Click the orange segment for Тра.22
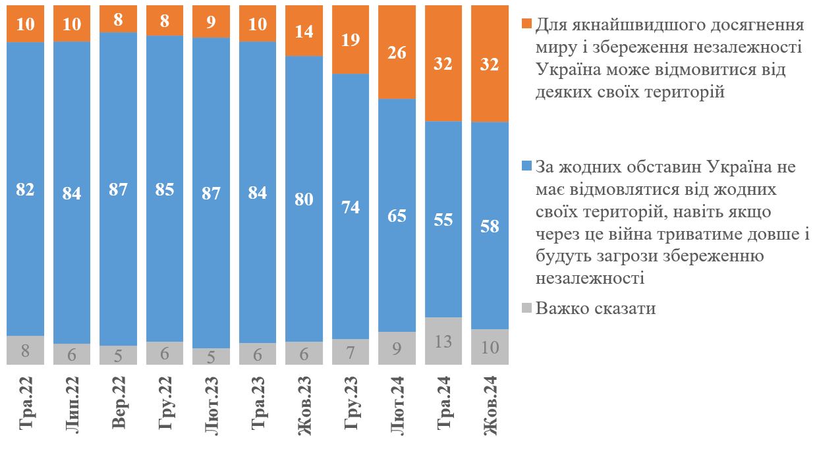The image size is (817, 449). coord(25,24)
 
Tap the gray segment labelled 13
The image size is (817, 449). coord(443,341)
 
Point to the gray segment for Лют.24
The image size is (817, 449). coord(397,348)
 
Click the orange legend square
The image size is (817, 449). coord(526,24)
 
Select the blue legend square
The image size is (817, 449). coord(526,166)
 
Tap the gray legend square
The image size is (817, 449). coord(526,307)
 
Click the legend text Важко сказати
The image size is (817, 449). coord(596,308)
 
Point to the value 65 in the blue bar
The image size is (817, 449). coord(397,215)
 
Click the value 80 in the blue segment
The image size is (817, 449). coord(304,199)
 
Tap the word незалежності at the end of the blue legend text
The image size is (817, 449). coord(590,278)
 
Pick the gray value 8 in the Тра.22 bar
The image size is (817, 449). coord(25,350)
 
